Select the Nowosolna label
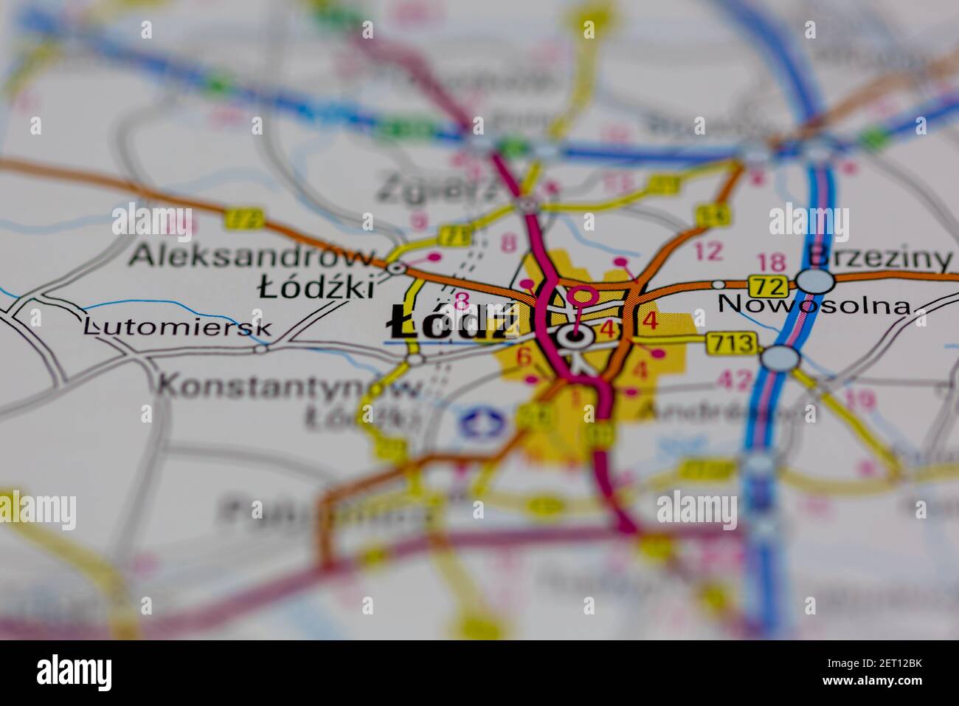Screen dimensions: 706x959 [814, 304]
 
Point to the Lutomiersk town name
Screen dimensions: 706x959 [177, 326]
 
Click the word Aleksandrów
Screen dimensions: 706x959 [252, 256]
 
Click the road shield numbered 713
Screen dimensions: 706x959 [731, 343]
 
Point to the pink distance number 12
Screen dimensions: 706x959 [708, 252]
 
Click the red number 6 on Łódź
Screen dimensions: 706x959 [524, 357]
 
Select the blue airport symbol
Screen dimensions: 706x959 [481, 423]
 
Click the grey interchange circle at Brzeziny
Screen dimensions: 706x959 [815, 281]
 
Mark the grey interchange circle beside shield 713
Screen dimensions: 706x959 [780, 358]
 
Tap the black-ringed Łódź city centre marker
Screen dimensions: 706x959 [575, 337]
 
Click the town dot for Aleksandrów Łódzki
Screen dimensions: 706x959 [397, 268]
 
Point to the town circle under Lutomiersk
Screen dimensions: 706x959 [260, 348]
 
